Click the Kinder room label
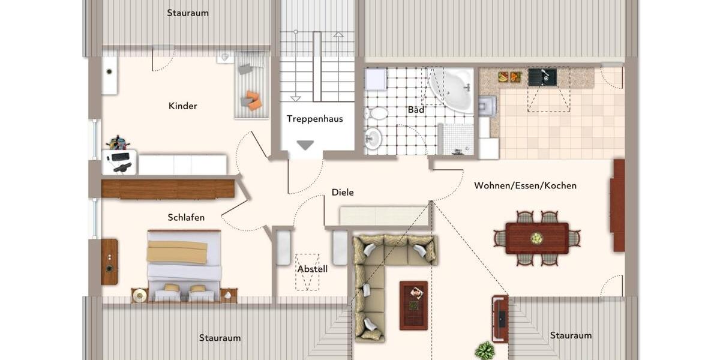coord(183,106)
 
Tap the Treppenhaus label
coord(314,119)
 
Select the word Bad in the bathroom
coord(416,110)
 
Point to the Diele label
coord(343,193)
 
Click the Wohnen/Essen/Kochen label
coord(525,185)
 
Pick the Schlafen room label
coord(186,217)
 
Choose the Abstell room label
coord(313,269)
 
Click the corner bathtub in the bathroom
coord(451,88)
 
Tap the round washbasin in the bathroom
coord(373,139)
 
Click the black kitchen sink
coord(542,76)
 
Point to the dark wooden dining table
coord(536,238)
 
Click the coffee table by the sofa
coord(413,305)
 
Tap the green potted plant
coord(485,350)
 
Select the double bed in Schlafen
coord(184,265)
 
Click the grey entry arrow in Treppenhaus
coord(306,145)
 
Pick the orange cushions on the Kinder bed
coord(253,100)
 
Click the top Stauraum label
coord(188,13)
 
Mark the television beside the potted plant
coord(500,319)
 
